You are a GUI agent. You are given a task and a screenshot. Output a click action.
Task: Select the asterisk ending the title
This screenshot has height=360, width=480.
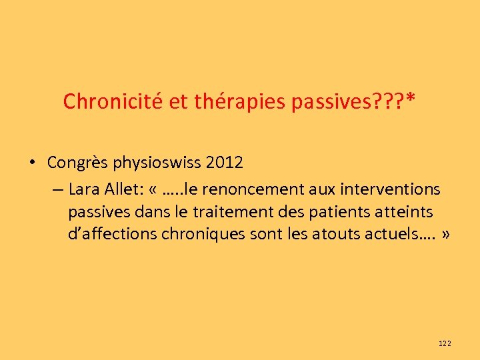(411, 100)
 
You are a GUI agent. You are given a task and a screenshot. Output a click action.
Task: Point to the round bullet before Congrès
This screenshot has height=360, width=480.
(31, 163)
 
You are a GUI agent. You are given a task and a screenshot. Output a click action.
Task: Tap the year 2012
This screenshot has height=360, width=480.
(225, 163)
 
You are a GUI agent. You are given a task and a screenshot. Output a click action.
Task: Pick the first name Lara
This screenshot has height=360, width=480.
(83, 189)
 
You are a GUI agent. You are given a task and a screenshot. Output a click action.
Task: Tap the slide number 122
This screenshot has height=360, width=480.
(445, 343)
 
